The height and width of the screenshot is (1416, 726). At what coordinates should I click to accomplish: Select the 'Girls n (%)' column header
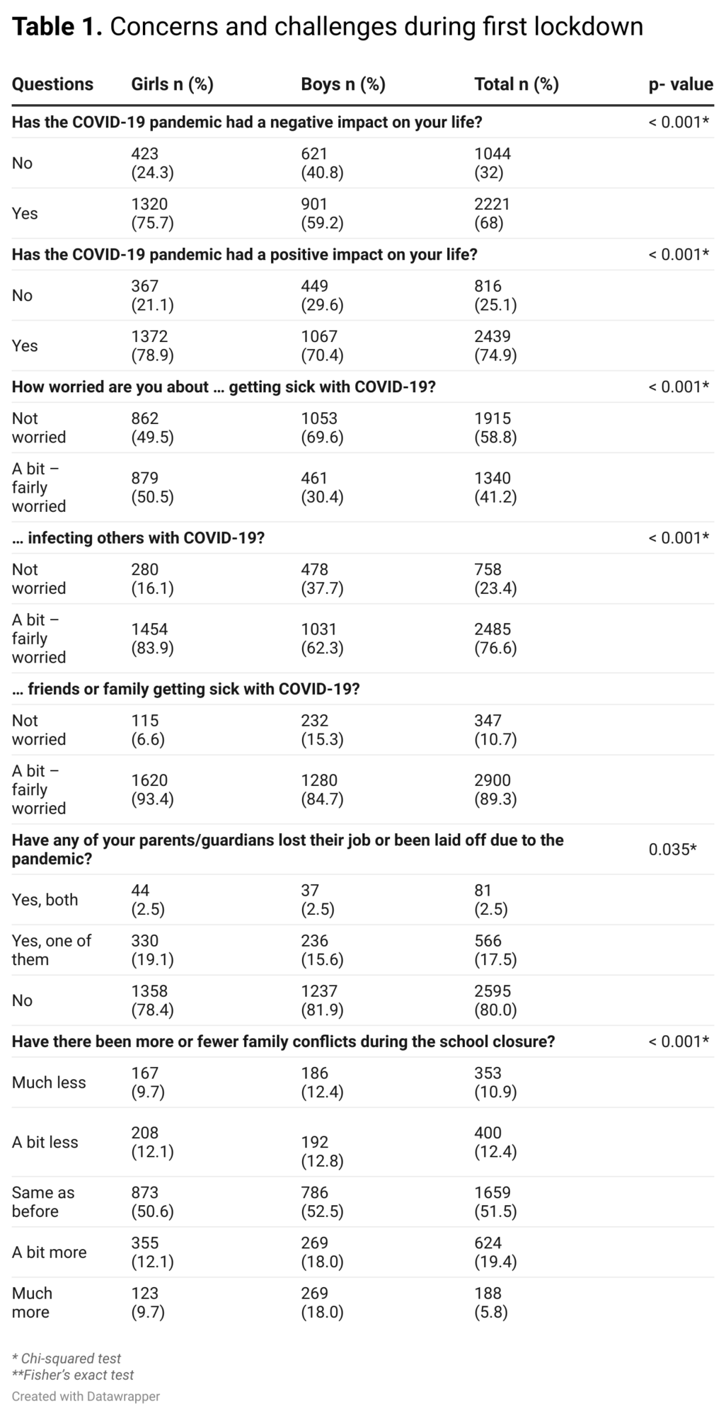172,84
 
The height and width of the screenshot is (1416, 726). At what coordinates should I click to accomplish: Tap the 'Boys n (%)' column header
343,84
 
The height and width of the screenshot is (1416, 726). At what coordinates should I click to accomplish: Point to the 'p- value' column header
681,84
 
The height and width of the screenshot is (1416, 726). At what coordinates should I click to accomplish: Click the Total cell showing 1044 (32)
492,163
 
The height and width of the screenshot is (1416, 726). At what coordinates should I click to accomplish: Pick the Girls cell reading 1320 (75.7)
152,213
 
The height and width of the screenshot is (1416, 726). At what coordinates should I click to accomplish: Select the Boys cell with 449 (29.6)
322,295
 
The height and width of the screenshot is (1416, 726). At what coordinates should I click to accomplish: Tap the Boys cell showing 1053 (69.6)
322,428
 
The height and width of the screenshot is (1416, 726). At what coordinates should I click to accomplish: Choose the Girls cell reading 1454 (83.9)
152,638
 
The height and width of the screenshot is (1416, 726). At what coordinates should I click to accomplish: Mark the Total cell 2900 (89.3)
495,789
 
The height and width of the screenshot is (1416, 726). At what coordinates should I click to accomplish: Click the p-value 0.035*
672,849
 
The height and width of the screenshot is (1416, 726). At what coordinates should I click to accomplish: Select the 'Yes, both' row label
45,899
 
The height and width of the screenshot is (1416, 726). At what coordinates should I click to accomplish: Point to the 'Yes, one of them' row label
52,949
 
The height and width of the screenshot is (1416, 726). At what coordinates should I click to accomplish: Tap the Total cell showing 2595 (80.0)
495,1000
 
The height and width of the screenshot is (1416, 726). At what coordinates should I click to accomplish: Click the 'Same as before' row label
43,1201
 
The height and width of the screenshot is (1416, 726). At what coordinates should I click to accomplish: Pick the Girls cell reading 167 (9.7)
148,1082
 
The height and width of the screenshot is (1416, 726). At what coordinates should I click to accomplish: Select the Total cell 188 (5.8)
491,1302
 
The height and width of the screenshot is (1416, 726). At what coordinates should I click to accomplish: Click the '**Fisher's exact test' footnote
73,1374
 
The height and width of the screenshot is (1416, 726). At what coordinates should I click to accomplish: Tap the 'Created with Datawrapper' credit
86,1395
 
